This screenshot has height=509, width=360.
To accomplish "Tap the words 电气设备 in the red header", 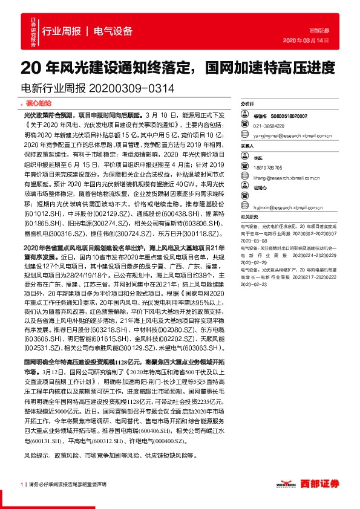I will click(x=113, y=31).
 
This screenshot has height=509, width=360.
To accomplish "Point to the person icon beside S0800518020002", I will click(x=247, y=115).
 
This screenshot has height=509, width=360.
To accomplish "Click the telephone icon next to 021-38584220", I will click(x=247, y=125).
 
